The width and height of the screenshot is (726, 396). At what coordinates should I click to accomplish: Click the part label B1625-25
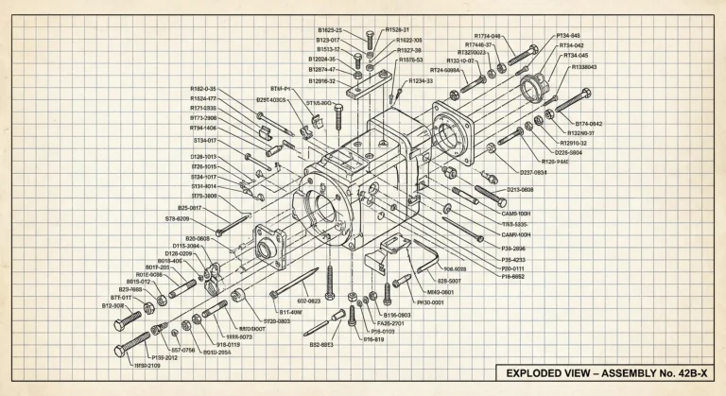330,30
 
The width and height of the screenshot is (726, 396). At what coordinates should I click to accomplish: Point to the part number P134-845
568,36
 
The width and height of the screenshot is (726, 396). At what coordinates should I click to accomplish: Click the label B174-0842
590,124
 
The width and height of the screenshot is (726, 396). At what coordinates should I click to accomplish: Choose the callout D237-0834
533,173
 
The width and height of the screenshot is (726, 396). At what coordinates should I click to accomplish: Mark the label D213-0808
527,190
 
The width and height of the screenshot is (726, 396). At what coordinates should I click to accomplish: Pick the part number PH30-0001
423,302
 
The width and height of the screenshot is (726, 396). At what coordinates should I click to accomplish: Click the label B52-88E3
321,345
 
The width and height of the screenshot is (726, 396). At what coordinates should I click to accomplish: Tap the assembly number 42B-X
688,373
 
